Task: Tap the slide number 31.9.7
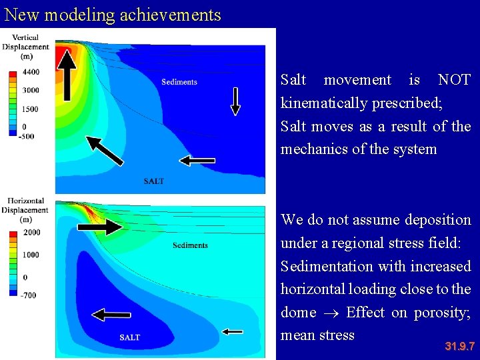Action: [x=459, y=346]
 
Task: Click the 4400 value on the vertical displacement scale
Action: [x=30, y=72]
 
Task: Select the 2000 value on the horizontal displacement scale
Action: [x=31, y=232]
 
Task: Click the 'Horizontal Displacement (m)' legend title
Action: [x=25, y=209]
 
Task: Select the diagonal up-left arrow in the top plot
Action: [x=105, y=151]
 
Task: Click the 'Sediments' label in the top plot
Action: [x=179, y=82]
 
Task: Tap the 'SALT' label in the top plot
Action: [x=153, y=181]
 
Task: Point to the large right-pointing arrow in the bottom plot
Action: [x=100, y=227]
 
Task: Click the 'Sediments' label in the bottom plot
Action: [x=190, y=245]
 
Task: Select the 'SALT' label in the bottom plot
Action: [x=130, y=337]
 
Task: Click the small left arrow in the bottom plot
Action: [x=233, y=331]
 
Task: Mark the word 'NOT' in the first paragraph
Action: [x=454, y=80]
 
